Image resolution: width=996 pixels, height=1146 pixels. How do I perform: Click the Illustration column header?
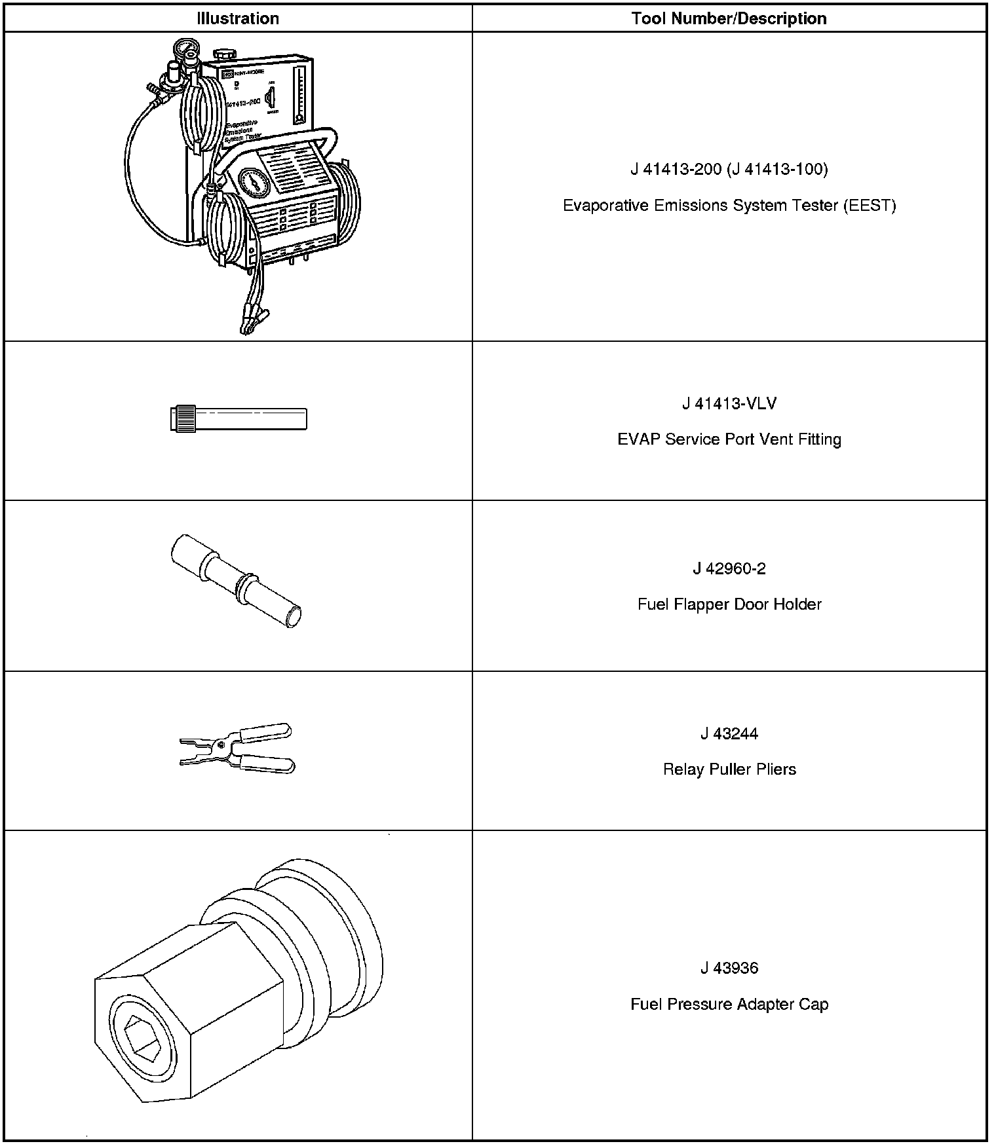pos(238,18)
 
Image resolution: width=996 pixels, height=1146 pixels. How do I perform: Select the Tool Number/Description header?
pos(729,18)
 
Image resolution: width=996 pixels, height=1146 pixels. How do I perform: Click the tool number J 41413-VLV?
pos(729,403)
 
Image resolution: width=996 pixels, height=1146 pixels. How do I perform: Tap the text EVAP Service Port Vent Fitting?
pos(729,439)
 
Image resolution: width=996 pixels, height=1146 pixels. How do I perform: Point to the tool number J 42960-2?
pos(729,568)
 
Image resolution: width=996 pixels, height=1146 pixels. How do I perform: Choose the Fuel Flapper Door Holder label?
pos(729,604)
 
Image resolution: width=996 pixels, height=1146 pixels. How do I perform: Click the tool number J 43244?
pos(729,733)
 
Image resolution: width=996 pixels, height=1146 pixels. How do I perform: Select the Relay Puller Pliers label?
pos(729,769)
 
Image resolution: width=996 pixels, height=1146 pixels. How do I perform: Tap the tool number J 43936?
pos(729,968)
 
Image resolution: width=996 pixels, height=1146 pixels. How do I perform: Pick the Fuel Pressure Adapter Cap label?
pos(729,1004)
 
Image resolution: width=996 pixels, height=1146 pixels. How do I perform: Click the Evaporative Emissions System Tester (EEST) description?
pos(729,206)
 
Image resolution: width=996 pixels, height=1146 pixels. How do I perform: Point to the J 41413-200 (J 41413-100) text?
pos(729,170)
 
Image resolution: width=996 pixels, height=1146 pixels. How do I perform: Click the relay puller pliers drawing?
pos(237,749)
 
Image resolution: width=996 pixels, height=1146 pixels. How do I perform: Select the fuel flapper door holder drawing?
pos(236,580)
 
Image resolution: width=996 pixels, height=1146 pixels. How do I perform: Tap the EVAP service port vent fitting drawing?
pos(238,419)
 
